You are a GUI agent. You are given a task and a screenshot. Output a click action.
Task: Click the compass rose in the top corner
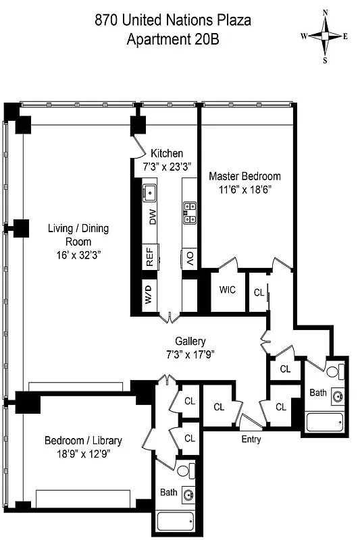325,36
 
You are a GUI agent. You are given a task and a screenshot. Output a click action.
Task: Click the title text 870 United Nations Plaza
172,21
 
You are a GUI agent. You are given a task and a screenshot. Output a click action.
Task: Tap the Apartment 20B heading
172,39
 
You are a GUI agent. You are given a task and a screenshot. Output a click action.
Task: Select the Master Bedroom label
245,176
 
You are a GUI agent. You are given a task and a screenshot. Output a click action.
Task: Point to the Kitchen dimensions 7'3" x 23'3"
166,165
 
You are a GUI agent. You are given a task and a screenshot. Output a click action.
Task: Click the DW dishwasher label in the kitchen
153,217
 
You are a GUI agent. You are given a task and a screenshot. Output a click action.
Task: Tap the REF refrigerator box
151,256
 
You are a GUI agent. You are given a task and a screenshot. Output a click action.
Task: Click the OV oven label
190,258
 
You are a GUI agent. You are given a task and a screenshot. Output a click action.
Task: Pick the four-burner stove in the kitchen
190,213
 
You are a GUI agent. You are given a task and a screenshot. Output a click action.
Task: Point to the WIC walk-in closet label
227,290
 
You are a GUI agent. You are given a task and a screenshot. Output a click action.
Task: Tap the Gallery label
190,341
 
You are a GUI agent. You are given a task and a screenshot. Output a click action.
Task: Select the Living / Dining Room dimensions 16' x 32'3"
78,254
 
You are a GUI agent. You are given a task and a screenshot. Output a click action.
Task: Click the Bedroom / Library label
83,441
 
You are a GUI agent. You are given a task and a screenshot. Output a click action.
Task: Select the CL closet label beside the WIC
258,292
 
